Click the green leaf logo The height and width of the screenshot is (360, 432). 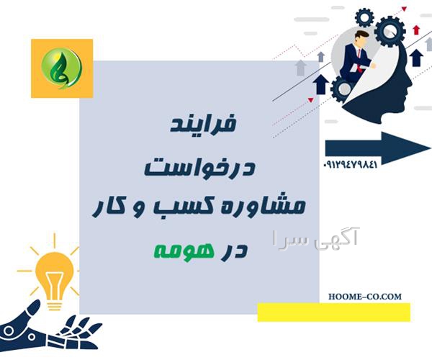click(61, 68)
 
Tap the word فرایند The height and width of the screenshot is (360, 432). click(203, 124)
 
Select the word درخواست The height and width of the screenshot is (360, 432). click(199, 167)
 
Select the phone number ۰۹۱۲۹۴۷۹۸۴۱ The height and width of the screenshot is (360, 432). click(351, 165)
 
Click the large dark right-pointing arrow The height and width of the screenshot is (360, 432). click(378, 148)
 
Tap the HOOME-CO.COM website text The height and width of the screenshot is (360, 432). click(365, 297)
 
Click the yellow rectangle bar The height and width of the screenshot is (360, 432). click(333, 312)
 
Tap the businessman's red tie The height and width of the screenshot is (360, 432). click(359, 60)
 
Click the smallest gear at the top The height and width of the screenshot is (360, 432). click(364, 17)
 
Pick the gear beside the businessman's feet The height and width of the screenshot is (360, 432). click(343, 88)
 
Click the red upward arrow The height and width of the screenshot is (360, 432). click(416, 30)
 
